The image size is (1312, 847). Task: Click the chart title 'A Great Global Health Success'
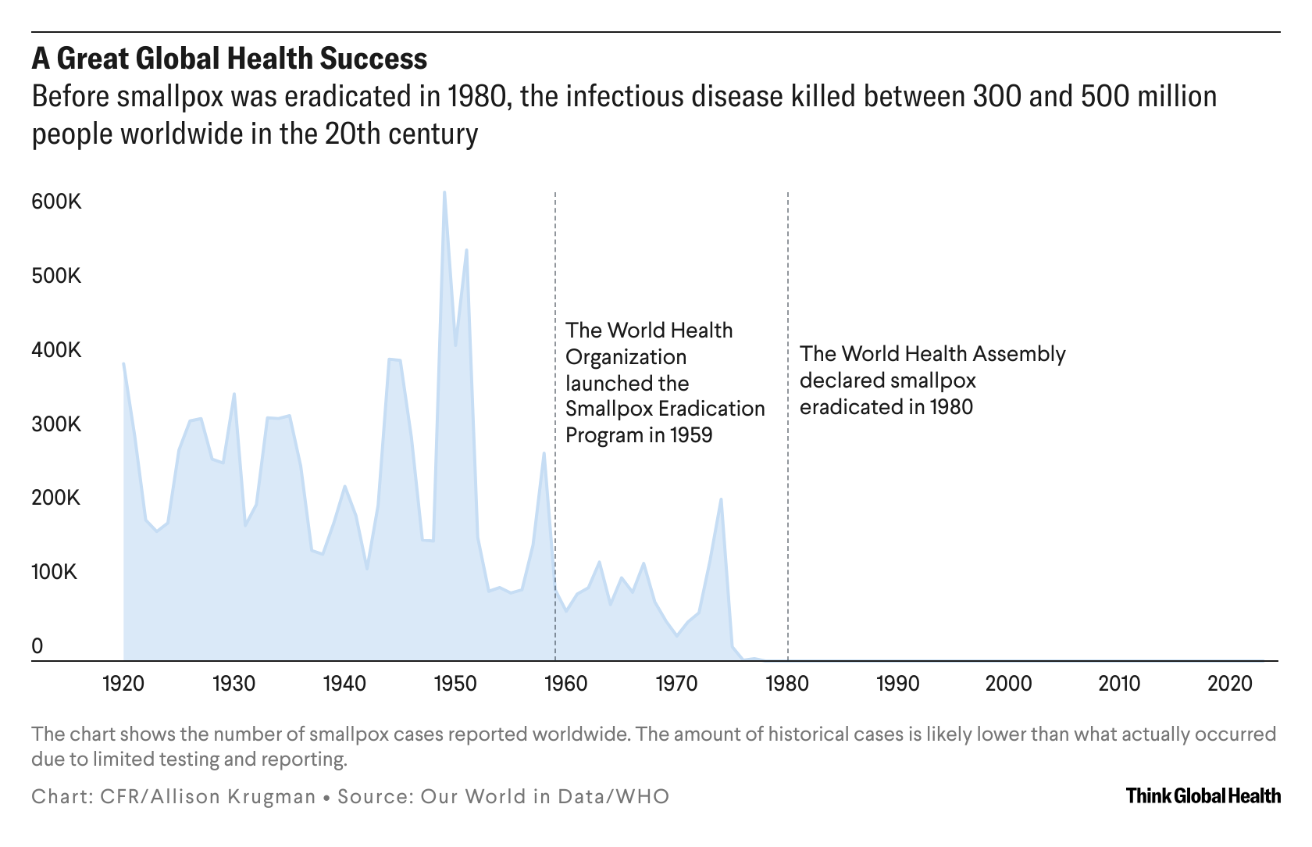click(229, 59)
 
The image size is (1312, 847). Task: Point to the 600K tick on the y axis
click(56, 202)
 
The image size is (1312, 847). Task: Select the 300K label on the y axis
click(56, 425)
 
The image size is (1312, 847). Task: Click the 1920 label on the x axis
click(123, 684)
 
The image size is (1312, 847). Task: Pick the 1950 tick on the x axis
click(455, 684)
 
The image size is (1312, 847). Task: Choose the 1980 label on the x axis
click(787, 684)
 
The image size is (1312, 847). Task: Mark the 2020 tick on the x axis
click(1230, 684)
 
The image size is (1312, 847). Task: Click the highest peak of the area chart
click(444, 192)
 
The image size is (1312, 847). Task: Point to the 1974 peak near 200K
click(721, 499)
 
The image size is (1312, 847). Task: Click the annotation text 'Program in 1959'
click(639, 435)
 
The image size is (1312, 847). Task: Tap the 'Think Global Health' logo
click(1203, 796)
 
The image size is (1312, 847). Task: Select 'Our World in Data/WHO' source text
click(545, 797)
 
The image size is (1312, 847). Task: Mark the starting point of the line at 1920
click(123, 363)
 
